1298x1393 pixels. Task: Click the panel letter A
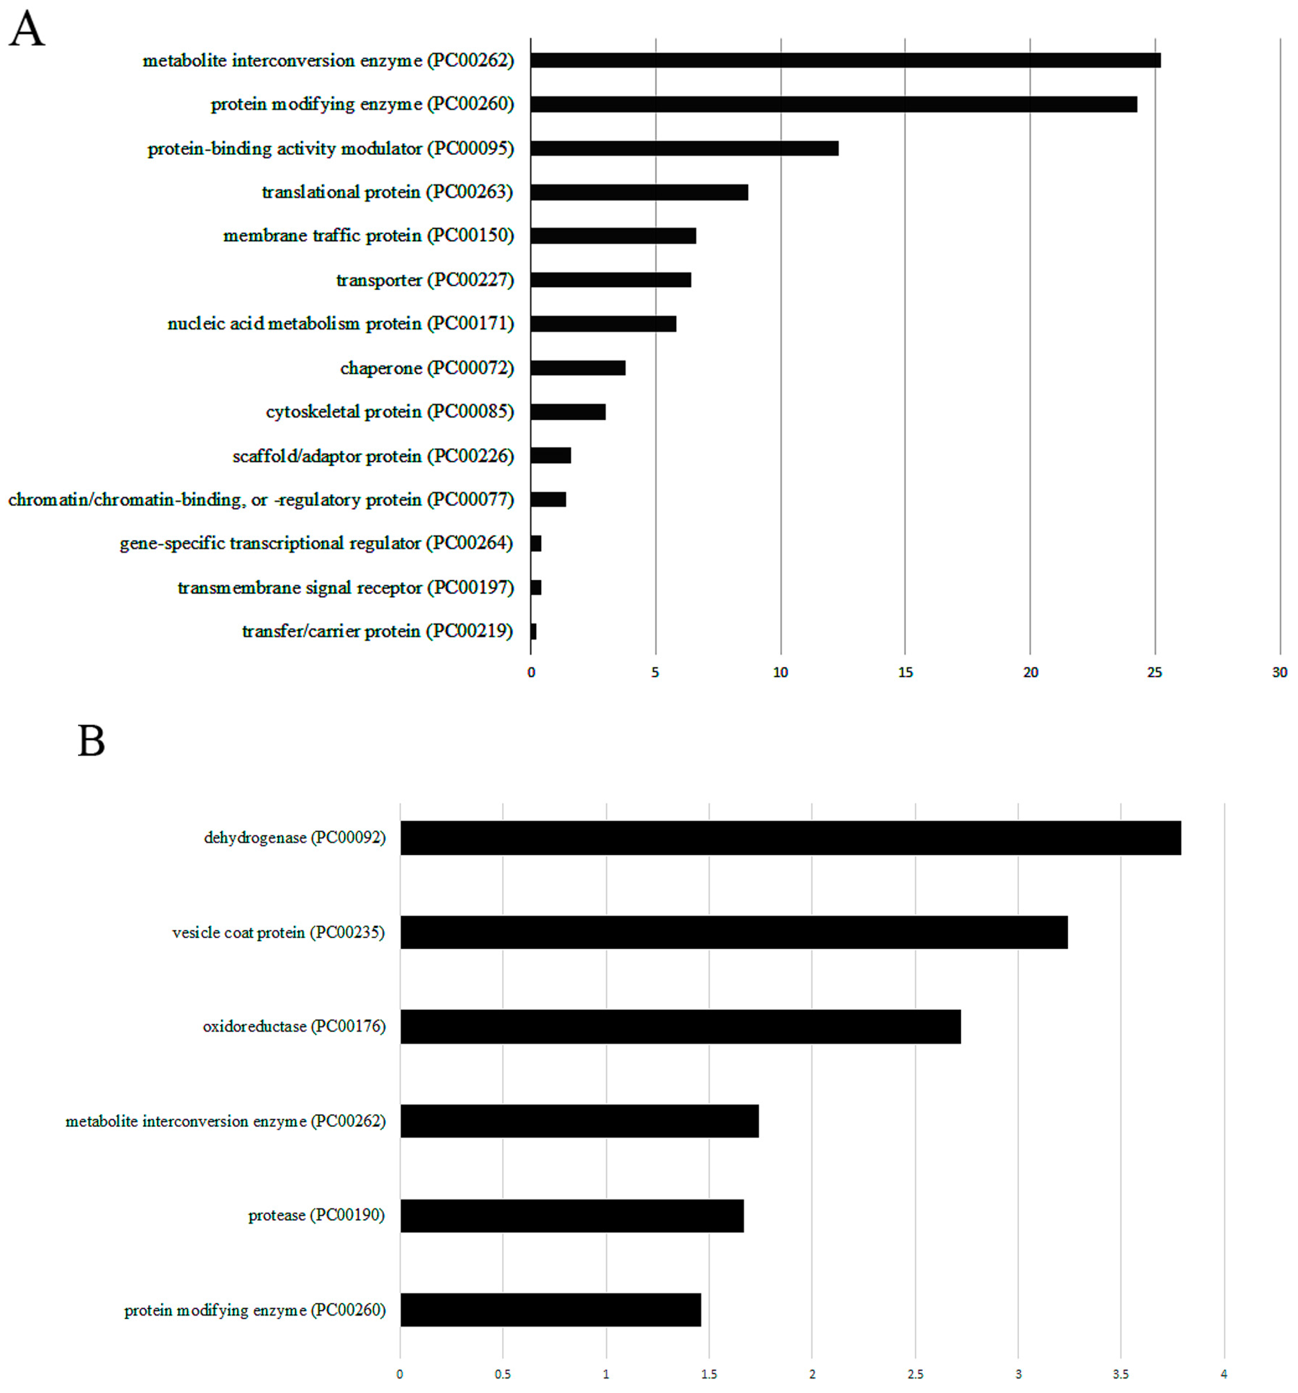tap(27, 30)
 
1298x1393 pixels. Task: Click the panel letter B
tap(91, 741)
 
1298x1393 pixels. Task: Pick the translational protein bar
tap(639, 192)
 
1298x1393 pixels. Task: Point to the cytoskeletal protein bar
tap(567, 411)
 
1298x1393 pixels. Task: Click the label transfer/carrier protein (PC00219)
tap(377, 631)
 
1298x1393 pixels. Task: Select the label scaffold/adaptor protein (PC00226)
tap(373, 456)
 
